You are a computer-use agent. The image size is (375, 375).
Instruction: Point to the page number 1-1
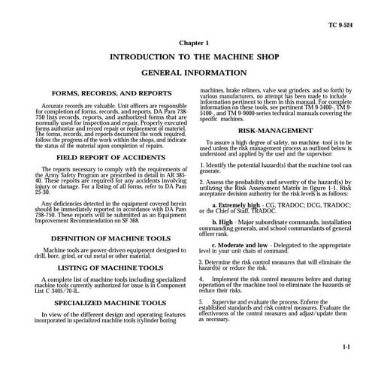tap(347, 348)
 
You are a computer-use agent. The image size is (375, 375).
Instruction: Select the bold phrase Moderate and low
tap(245, 245)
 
